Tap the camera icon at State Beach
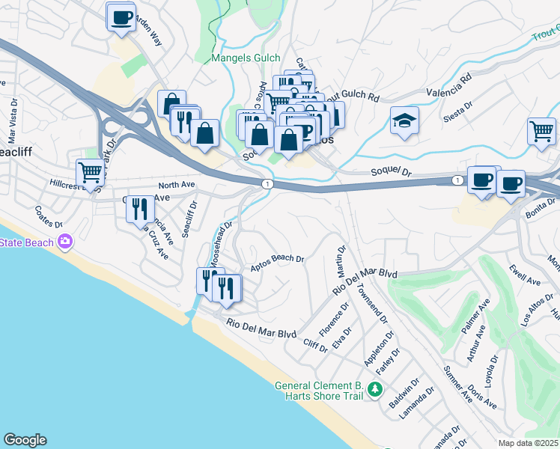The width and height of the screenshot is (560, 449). click(65, 242)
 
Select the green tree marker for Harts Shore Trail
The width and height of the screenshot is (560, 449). click(375, 390)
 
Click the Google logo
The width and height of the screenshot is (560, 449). click(25, 440)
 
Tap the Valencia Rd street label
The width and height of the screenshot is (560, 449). click(448, 85)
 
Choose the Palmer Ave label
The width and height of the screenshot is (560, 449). click(475, 317)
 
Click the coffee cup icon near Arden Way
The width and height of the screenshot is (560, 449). click(121, 16)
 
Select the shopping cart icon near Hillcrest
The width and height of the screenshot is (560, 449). click(90, 172)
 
